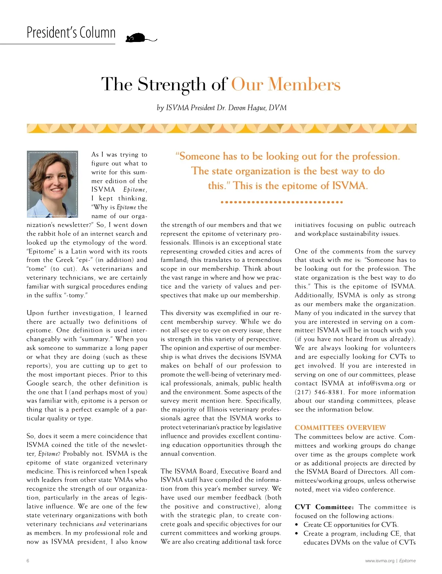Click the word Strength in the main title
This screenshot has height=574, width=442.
pyautogui.click(x=172, y=84)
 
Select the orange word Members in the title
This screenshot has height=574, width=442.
pyautogui.click(x=304, y=84)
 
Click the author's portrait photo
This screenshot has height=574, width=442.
pyautogui.click(x=52, y=183)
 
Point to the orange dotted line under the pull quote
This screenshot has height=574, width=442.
pyautogui.click(x=282, y=202)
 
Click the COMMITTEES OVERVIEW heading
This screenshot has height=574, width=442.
pyautogui.click(x=340, y=427)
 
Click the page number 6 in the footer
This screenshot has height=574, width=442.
pyautogui.click(x=28, y=561)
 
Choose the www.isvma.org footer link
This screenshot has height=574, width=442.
pyautogui.click(x=379, y=561)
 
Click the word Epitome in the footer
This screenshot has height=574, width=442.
pyautogui.click(x=407, y=561)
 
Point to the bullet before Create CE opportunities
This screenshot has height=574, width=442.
pyautogui.click(x=297, y=525)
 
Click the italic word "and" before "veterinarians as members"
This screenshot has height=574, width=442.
pyautogui.click(x=101, y=524)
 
